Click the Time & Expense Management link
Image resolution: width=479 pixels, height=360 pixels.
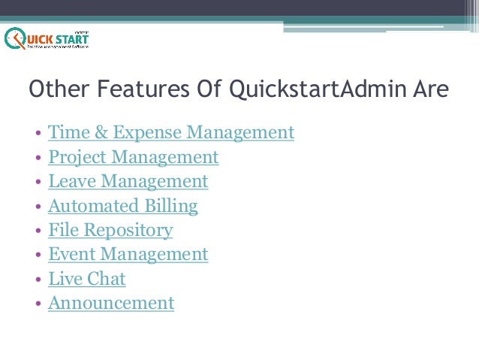point(170,133)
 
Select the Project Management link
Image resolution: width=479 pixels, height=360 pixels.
point(133,157)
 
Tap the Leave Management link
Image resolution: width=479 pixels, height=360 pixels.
point(128,181)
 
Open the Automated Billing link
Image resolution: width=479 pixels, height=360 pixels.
point(122,206)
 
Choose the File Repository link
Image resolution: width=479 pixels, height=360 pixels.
point(110,230)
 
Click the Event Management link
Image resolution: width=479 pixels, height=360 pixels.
point(128,254)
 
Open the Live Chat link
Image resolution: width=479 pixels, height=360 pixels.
point(86,279)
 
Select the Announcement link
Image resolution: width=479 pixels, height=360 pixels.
point(110,303)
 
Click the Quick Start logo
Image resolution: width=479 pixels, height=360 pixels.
point(47,38)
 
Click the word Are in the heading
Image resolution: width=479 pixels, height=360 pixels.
point(431,90)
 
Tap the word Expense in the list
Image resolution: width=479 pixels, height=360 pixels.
point(146,133)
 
